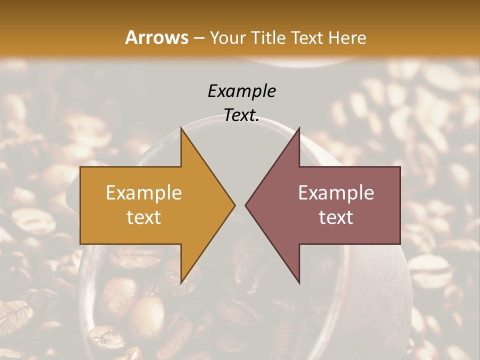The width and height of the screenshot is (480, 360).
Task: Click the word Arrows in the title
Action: pyautogui.click(x=157, y=37)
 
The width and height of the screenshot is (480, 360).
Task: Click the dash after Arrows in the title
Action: pyautogui.click(x=198, y=38)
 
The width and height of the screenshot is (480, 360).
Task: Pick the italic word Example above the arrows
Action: pyautogui.click(x=241, y=91)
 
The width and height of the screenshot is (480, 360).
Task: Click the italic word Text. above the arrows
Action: pyautogui.click(x=241, y=115)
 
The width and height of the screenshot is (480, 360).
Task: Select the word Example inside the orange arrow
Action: pyautogui.click(x=144, y=193)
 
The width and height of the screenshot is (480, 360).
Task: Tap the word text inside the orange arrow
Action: pyautogui.click(x=144, y=217)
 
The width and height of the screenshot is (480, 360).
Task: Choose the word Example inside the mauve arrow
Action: pyautogui.click(x=336, y=193)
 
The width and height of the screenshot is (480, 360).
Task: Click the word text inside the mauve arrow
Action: pyautogui.click(x=336, y=217)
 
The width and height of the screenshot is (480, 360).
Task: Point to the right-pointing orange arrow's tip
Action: pyautogui.click(x=234, y=205)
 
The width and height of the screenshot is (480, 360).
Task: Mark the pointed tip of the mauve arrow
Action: pyautogui.click(x=245, y=205)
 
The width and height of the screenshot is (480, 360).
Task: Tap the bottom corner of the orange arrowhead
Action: pyautogui.click(x=181, y=283)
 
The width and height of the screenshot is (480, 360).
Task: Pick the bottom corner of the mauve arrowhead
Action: pyautogui.click(x=299, y=283)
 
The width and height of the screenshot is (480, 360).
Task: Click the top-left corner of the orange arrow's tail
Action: pyautogui.click(x=80, y=167)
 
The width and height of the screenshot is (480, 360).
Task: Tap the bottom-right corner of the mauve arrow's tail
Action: pyautogui.click(x=400, y=243)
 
